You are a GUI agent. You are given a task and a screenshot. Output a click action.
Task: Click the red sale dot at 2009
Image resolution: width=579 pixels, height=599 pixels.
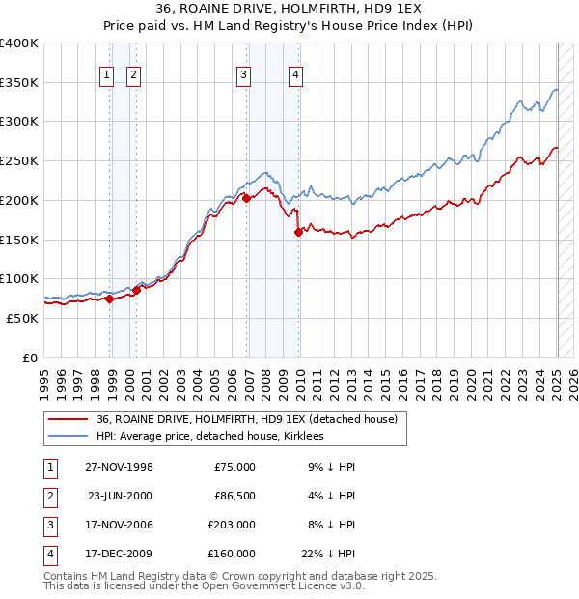(299, 231)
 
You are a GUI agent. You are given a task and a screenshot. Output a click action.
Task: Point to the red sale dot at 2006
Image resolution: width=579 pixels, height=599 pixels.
(246, 197)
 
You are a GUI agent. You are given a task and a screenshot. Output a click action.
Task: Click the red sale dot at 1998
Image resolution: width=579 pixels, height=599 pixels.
(110, 299)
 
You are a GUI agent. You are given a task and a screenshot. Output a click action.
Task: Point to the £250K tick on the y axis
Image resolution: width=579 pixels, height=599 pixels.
(19, 160)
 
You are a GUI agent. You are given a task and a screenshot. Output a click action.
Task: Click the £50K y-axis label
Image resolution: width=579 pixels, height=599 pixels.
(22, 318)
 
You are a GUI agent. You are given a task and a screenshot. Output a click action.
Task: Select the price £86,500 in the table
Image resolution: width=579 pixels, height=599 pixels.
(234, 496)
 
